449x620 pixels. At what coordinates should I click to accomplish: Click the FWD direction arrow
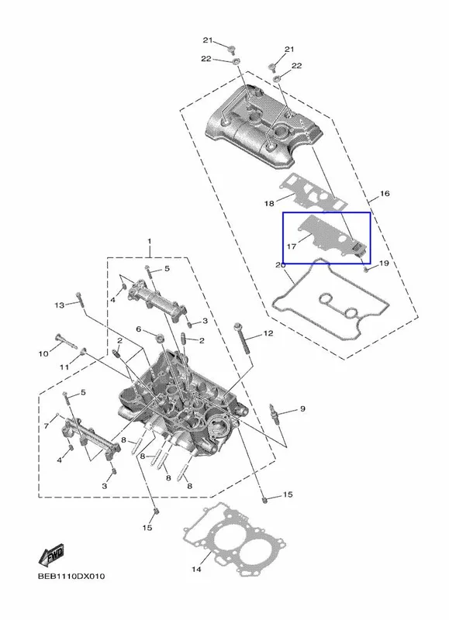pyautogui.click(x=51, y=554)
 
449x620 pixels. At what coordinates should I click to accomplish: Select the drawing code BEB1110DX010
pyautogui.click(x=71, y=576)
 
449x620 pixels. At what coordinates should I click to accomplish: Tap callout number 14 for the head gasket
pyautogui.click(x=197, y=569)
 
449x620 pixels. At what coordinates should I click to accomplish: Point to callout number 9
pyautogui.click(x=302, y=408)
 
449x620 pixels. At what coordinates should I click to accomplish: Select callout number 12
pyautogui.click(x=268, y=333)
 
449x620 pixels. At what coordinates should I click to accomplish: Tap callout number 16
pyautogui.click(x=385, y=193)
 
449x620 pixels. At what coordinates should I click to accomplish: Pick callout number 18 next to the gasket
pyautogui.click(x=269, y=204)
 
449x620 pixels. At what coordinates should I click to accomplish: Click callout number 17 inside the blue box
pyautogui.click(x=292, y=246)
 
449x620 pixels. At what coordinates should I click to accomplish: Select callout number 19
pyautogui.click(x=384, y=263)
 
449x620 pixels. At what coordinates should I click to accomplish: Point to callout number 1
pyautogui.click(x=150, y=241)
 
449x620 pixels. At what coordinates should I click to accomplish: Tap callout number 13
pyautogui.click(x=60, y=305)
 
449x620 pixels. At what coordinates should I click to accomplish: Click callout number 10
pyautogui.click(x=43, y=353)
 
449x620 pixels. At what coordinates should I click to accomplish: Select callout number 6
pyautogui.click(x=139, y=329)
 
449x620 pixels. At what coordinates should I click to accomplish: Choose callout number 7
pyautogui.click(x=47, y=425)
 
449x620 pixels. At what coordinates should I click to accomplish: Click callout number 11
pyautogui.click(x=64, y=367)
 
